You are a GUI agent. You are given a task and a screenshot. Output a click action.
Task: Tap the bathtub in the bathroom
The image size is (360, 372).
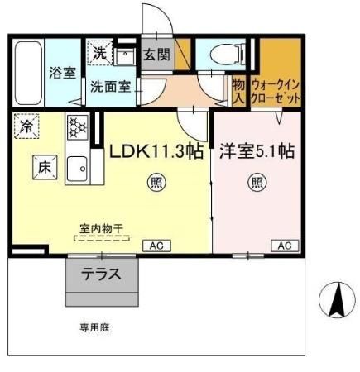[x=28, y=72]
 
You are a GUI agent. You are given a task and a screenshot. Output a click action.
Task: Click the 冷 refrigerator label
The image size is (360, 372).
[x=27, y=126]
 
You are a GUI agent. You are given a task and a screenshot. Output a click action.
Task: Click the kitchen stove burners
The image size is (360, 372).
[x=77, y=127]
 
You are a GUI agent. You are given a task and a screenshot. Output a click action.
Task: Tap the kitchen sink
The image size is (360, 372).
[x=79, y=165]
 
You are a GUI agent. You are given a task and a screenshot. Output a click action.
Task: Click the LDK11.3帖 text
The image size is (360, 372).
[x=156, y=151]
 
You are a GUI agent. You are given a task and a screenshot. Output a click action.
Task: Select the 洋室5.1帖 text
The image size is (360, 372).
[x=257, y=151]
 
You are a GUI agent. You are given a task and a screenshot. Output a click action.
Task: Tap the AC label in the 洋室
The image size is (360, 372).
[x=284, y=246]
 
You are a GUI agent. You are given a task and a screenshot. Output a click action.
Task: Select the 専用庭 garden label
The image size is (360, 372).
[x=94, y=327]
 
